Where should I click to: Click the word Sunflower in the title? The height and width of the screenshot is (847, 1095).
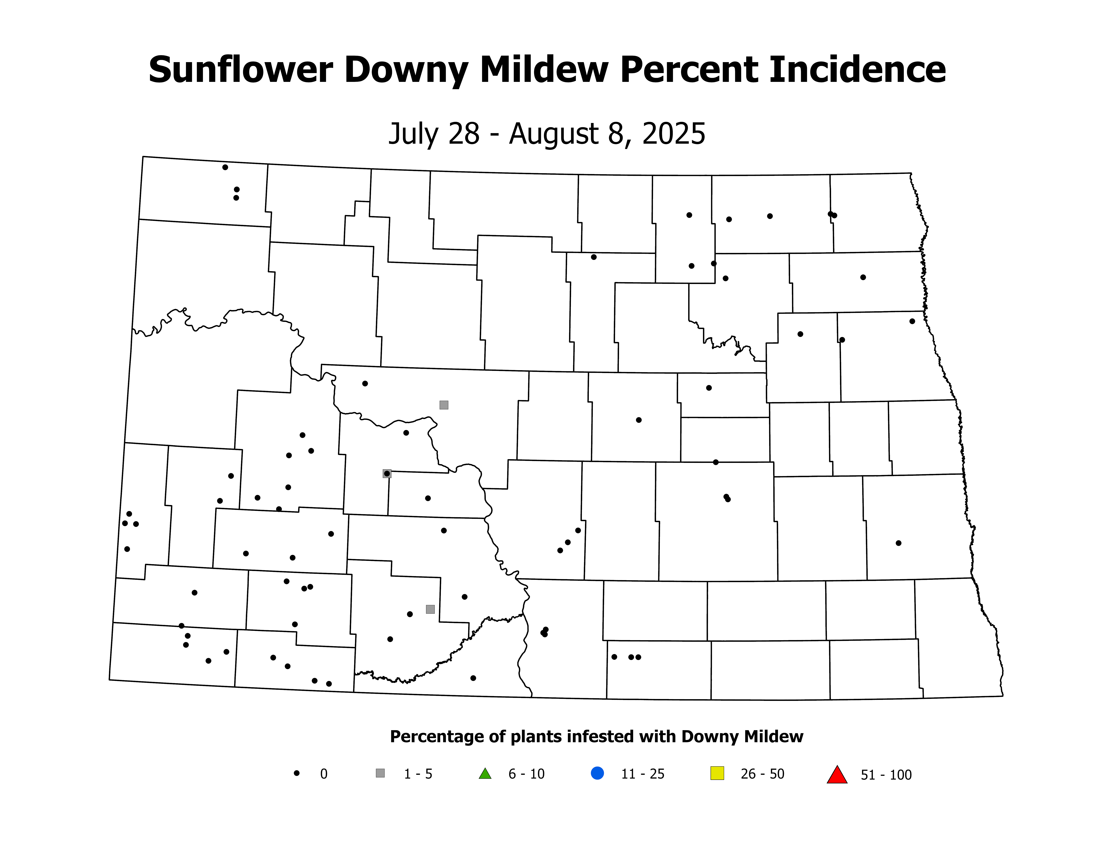(x=241, y=70)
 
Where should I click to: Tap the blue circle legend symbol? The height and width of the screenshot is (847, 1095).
(x=597, y=773)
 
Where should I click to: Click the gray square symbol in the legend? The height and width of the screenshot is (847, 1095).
(x=380, y=773)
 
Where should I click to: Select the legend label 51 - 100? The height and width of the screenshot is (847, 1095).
(x=886, y=775)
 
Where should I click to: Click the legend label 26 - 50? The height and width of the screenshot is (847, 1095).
(x=762, y=774)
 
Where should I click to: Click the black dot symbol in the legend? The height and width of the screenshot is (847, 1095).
(x=297, y=773)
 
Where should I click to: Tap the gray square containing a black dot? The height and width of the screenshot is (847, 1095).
(x=387, y=473)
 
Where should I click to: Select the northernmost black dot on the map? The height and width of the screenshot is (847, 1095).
(x=225, y=167)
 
